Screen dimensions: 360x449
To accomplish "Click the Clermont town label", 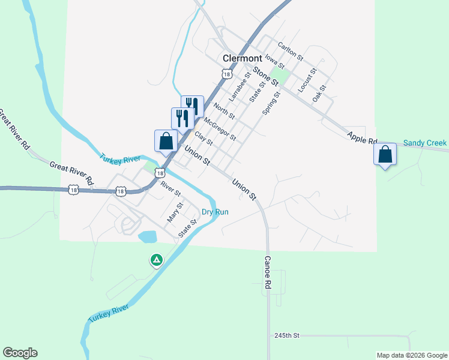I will click(x=242, y=58).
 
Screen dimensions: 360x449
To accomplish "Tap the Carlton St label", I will click(x=291, y=50).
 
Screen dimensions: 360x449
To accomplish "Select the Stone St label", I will click(x=266, y=76).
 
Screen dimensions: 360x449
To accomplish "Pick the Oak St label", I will click(x=319, y=92).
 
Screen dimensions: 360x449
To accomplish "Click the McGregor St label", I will click(x=220, y=129).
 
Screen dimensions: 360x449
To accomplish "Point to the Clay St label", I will click(x=203, y=139).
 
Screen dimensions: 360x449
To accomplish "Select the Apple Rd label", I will click(x=362, y=137).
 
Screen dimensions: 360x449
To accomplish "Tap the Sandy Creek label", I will click(x=425, y=143).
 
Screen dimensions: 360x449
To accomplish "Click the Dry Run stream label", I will click(x=215, y=212).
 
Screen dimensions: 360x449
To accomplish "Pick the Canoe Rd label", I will click(x=268, y=275).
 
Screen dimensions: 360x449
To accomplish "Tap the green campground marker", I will click(x=156, y=260).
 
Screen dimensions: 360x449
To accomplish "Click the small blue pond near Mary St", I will click(x=148, y=236).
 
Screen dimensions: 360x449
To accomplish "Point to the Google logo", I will click(x=20, y=353).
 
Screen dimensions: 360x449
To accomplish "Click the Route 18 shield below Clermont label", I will click(x=226, y=73).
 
